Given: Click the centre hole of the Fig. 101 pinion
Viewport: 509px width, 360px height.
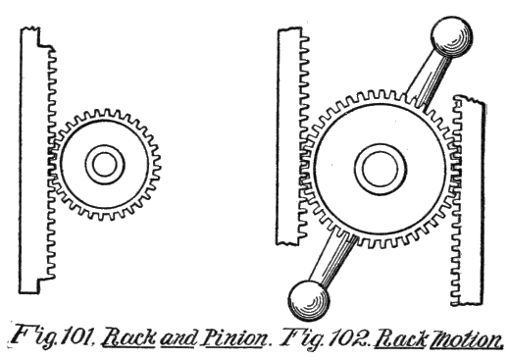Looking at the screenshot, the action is (100, 163).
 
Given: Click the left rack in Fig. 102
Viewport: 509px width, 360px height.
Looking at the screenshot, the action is (289, 137).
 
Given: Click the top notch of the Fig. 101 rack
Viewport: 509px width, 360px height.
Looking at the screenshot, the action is (36, 39).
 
